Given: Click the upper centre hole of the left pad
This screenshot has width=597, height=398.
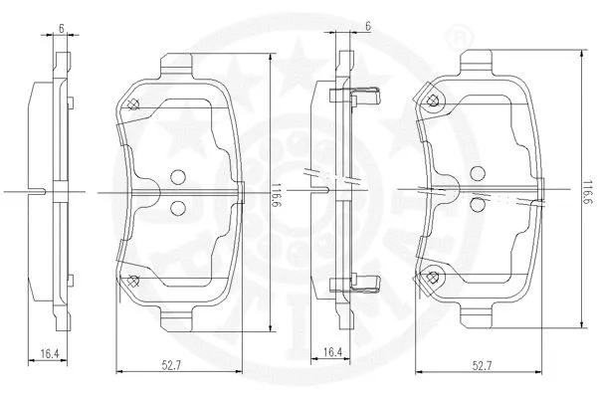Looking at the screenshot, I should pos(179,177).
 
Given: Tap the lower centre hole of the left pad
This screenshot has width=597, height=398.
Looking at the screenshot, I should pos(179,207).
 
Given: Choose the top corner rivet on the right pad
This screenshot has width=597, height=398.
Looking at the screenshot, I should pos(432,99).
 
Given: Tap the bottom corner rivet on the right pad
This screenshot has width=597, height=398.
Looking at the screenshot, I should pos(432,278).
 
